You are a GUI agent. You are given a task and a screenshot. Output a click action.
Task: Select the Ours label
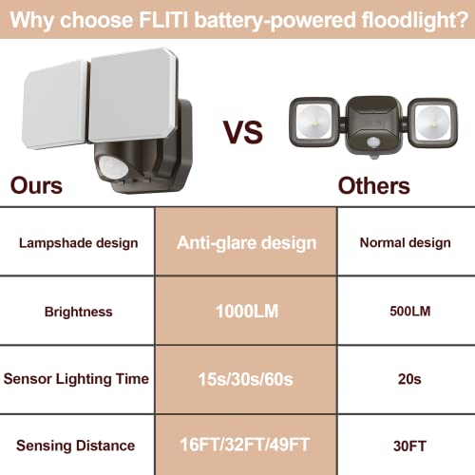[x=37, y=184]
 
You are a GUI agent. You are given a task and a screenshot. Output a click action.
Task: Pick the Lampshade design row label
[x=78, y=243]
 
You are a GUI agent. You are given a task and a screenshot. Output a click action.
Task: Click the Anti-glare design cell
[x=246, y=243]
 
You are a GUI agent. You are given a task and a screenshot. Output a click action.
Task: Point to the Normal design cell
[x=405, y=243]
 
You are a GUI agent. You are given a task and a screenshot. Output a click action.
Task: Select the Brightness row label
[x=78, y=311]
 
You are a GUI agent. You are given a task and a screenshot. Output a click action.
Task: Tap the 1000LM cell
[x=246, y=311]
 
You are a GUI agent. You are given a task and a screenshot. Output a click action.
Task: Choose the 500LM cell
[x=405, y=311]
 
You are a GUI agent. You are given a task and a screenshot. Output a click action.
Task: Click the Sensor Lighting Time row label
[x=78, y=378]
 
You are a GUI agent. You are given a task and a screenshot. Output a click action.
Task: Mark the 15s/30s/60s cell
[x=246, y=378]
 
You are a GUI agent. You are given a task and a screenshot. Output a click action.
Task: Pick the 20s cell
[x=405, y=378]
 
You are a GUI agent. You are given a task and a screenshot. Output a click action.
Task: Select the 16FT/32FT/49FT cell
[x=246, y=445]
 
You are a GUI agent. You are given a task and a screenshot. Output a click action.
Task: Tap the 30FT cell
[x=405, y=445]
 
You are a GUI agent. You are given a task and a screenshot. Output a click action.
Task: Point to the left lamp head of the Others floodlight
[x=311, y=123]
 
